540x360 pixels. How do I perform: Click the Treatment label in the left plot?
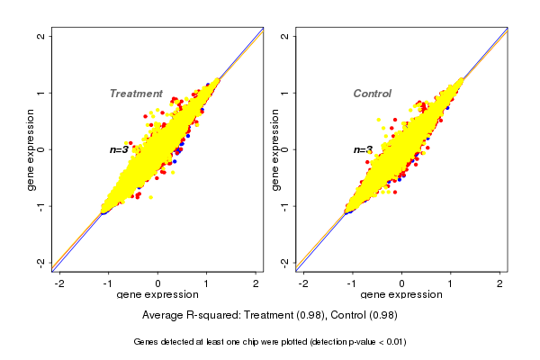[136, 94]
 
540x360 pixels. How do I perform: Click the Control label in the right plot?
[373, 94]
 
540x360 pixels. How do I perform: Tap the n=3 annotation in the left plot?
[120, 149]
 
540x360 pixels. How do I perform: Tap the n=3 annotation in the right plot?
[363, 149]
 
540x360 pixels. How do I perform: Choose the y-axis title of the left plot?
[31, 149]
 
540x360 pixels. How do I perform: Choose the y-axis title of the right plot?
[274, 149]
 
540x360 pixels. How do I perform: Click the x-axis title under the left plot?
[158, 295]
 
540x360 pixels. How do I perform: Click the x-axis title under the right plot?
[401, 295]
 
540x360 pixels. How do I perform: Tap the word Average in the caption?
[164, 316]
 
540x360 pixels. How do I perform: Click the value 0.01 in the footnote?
[393, 342]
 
